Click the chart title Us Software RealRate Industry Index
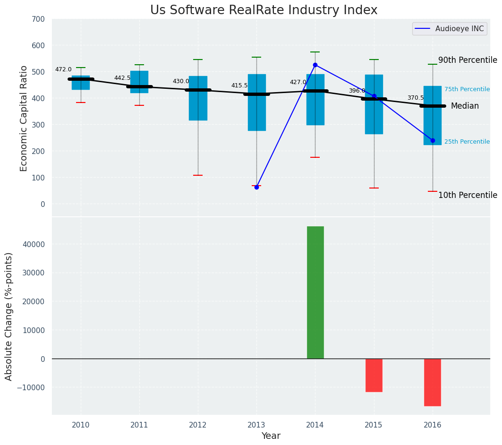(x=264, y=10)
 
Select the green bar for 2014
(x=315, y=292)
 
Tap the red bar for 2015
(x=374, y=375)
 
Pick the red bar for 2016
(x=433, y=382)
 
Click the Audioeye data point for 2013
(x=256, y=187)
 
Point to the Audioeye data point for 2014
(x=315, y=65)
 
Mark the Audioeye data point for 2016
(x=433, y=140)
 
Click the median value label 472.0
(x=63, y=69)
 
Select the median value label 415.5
(x=239, y=86)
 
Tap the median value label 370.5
(x=416, y=98)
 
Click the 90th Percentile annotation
(x=468, y=60)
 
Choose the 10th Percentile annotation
(x=468, y=195)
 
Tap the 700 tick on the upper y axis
(x=38, y=19)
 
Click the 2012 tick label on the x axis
(x=198, y=425)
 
